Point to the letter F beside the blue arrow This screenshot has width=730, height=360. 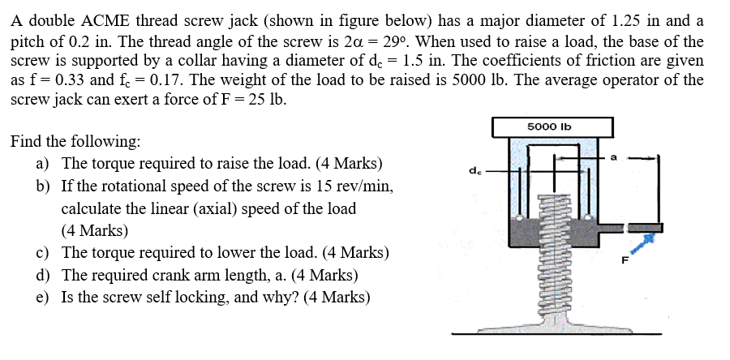[626, 261]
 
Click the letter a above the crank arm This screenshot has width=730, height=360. [613, 158]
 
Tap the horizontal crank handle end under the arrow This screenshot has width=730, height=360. [645, 228]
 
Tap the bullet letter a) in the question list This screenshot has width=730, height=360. [42, 164]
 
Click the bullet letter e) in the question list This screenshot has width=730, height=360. [42, 297]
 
